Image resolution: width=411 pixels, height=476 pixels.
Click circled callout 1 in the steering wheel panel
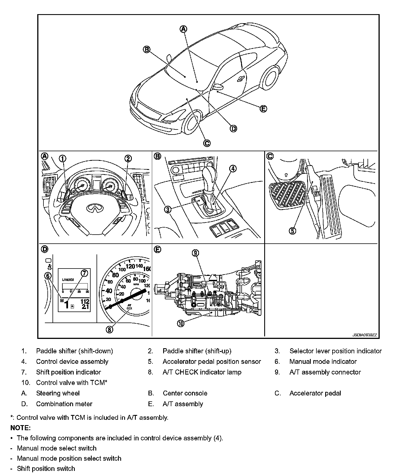tap(63, 158)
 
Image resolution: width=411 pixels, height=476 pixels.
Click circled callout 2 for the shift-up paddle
tap(128, 158)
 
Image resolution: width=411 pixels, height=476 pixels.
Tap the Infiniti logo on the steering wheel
tap(95, 208)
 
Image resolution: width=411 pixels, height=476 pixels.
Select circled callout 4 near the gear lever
tap(233, 168)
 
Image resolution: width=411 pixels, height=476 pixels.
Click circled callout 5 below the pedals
tap(292, 231)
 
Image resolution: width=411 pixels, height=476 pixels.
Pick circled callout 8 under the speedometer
tap(110, 329)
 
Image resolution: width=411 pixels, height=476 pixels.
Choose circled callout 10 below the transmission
tap(181, 323)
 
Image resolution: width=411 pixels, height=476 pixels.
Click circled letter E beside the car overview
tap(263, 109)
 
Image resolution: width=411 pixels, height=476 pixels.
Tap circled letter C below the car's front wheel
tap(207, 143)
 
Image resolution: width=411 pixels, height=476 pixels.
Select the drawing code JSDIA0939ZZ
tap(364, 335)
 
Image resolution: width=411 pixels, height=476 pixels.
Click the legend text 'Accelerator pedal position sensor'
tap(212, 362)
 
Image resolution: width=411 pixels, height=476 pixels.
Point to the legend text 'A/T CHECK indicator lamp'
tap(202, 372)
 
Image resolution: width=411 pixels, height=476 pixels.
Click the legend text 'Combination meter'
tap(64, 404)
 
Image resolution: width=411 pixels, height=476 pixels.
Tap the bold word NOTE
tap(20, 428)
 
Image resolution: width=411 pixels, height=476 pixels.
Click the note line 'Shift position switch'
tap(46, 468)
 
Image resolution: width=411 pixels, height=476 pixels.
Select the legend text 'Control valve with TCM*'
tap(72, 383)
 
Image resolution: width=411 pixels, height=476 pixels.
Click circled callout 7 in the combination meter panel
tap(84, 273)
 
